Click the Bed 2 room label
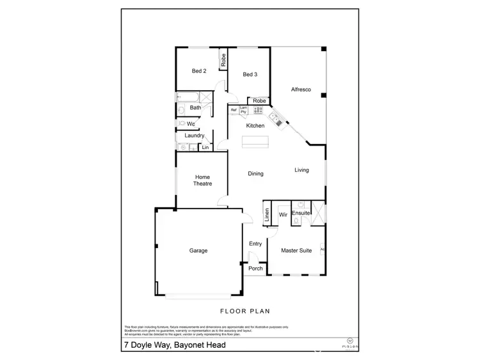199,71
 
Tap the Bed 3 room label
250,75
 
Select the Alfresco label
300,90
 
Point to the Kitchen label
255,125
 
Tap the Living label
301,170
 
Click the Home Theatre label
202,180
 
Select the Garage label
198,251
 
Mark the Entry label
255,244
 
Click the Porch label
255,269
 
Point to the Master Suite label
296,251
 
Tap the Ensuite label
301,213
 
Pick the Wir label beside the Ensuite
282,215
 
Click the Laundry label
194,136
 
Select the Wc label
191,123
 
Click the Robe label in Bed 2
223,60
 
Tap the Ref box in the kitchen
234,110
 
